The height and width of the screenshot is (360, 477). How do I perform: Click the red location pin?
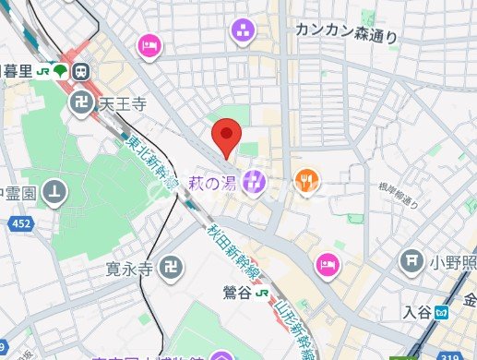click(226, 138)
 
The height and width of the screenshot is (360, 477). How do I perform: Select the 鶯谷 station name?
click(235, 293)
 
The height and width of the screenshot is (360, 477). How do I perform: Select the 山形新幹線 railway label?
click(293, 315)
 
